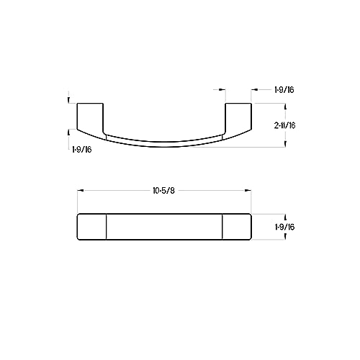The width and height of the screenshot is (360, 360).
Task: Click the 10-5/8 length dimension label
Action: (x=164, y=191)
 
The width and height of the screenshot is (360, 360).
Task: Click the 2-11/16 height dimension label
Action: (x=284, y=125)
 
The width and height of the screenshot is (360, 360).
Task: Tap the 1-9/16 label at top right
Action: (x=284, y=90)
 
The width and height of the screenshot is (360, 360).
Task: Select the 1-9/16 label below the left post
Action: (x=82, y=150)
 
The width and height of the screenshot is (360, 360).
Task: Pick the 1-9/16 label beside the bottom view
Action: (x=284, y=227)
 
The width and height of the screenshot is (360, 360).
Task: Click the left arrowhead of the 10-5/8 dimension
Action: (x=80, y=191)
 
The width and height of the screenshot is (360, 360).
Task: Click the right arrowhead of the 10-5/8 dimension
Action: (x=248, y=191)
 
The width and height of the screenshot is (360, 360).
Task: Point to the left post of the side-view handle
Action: (x=90, y=117)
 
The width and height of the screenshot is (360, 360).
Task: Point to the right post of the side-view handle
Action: (x=238, y=117)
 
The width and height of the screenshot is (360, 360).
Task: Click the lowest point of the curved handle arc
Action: (x=164, y=147)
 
